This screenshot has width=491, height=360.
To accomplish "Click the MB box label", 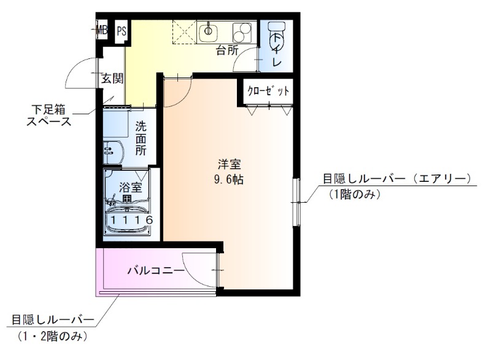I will pos(102,29).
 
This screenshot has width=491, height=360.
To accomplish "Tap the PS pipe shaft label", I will pos(122,29).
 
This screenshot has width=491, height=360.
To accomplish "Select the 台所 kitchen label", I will pos(227,50).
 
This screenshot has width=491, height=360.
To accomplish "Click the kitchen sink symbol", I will pos(209,30).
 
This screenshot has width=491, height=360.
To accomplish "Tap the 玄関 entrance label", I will pos(112,78).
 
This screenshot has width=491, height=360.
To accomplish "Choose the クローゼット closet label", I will pos(268,91).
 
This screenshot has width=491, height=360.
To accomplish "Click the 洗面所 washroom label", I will pos(141,139).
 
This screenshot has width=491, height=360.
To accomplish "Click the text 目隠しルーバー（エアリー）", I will pos(396,179).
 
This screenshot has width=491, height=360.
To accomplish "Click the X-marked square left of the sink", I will pos(183,30).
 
